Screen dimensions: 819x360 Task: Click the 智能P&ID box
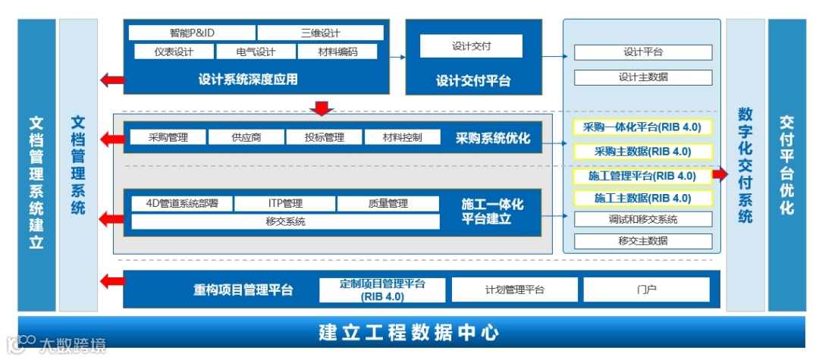point(191,33)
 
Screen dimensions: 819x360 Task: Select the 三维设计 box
point(320,33)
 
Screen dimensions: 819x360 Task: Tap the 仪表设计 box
point(174,52)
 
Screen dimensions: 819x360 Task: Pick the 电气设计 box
point(255,52)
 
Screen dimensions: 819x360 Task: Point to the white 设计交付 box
point(471,46)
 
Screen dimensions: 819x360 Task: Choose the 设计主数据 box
point(642,77)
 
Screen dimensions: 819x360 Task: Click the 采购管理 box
point(168,137)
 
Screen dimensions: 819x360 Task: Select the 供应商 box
point(246,137)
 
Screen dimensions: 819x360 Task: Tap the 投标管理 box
point(324,137)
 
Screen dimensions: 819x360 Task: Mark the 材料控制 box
point(402,137)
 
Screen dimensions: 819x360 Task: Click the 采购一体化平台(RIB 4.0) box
point(642,127)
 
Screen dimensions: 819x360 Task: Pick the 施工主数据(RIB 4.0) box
point(642,199)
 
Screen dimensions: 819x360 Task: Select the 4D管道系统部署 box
point(181,203)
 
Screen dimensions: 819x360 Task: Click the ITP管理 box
point(284,203)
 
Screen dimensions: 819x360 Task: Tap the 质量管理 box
point(388,203)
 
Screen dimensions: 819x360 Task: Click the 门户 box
point(646,290)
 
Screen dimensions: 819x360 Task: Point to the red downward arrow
point(323,108)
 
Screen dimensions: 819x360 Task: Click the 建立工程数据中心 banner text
point(409,332)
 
